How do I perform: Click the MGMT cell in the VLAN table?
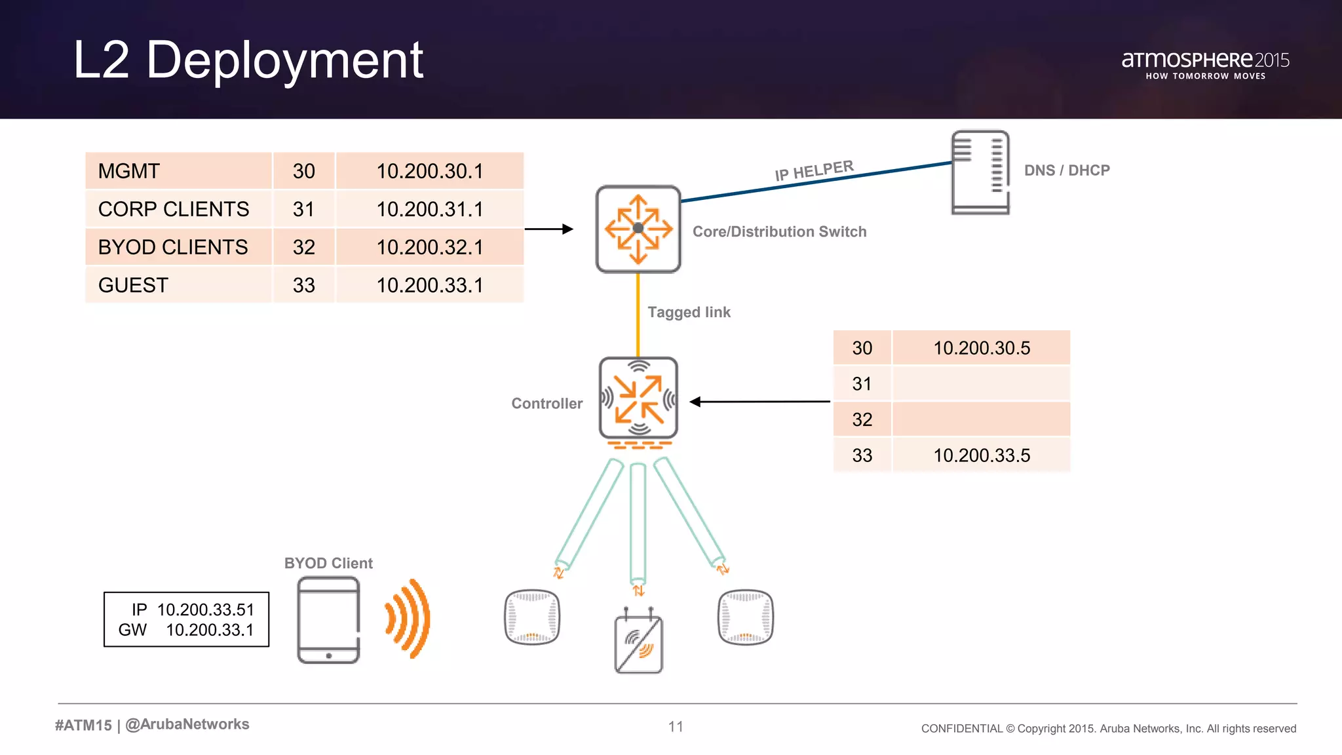(129, 171)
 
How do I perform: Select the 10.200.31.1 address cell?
(429, 209)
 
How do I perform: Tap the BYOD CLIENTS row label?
(173, 247)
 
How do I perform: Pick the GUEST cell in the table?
(134, 285)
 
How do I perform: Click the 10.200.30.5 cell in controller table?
(981, 348)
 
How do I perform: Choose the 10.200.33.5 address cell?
(981, 455)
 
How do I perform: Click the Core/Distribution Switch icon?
(638, 229)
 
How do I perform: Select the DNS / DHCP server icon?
(980, 172)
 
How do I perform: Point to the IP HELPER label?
(814, 170)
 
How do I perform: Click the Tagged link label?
(689, 313)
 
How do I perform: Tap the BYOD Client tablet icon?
(328, 619)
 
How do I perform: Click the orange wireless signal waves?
(408, 618)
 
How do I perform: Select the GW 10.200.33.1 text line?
(187, 630)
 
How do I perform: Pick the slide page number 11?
(676, 726)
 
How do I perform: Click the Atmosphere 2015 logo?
(1205, 64)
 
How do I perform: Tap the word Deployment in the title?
(284, 60)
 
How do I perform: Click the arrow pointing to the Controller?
(760, 402)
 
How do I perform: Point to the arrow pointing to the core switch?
(549, 229)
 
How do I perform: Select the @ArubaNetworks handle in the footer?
(187, 724)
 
